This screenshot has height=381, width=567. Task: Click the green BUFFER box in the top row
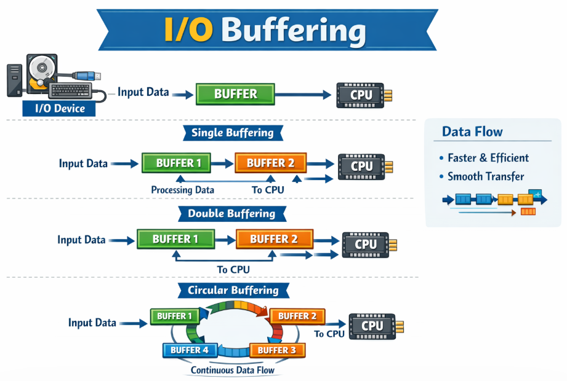(235, 94)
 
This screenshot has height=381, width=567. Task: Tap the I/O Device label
(54, 109)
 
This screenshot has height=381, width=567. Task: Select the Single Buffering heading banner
(233, 133)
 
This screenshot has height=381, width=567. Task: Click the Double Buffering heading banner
(233, 213)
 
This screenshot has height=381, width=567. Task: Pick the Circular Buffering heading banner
(233, 290)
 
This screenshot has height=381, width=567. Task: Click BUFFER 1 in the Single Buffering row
(176, 163)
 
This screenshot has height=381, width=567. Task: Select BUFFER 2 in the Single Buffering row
(270, 163)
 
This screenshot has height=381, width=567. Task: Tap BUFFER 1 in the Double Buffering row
(175, 238)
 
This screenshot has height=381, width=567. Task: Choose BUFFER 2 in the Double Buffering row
(274, 238)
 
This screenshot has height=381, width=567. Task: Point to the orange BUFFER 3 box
(276, 350)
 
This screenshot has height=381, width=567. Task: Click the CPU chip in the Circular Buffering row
(372, 326)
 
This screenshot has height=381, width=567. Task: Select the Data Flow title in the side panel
(472, 132)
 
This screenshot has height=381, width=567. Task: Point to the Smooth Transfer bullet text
(486, 176)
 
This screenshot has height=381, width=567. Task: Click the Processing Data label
(183, 190)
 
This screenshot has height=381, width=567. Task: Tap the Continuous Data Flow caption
(232, 371)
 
